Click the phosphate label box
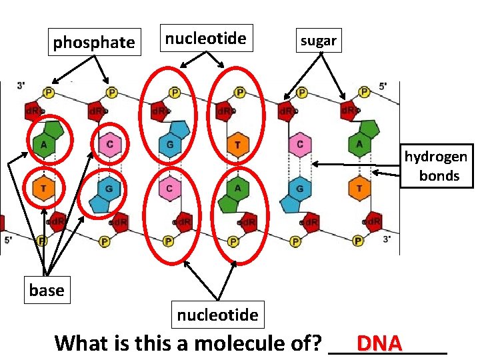(94, 43)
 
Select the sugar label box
(318, 41)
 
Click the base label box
(47, 290)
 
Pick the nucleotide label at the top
(205, 39)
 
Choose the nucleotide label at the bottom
(217, 314)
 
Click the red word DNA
(379, 343)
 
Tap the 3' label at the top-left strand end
(21, 86)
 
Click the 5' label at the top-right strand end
(383, 86)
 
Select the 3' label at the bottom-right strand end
(387, 238)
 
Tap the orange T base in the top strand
(237, 144)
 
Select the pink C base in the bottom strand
(169, 189)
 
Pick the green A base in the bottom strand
(237, 189)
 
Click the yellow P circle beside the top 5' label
(364, 92)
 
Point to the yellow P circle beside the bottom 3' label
(359, 241)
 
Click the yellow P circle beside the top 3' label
(49, 92)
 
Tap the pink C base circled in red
(109, 143)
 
